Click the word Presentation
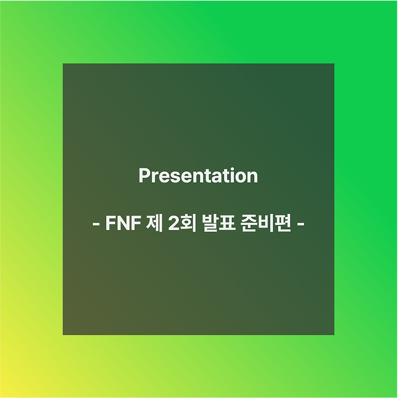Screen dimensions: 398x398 198,176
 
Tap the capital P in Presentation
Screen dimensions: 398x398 144,176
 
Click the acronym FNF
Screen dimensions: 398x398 123,223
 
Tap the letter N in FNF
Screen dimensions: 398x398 123,223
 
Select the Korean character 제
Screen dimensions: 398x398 154,223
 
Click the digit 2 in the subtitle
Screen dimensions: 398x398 174,223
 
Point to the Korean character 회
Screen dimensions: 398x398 188,223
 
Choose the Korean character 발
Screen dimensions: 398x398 211,223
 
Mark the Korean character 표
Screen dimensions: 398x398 228,223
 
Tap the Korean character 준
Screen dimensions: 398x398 250,223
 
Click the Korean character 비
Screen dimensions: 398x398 267,223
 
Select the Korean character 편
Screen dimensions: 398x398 283,223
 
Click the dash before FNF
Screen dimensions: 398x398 96,224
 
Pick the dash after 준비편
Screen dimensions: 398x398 300,224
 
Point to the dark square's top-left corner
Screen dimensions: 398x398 63,64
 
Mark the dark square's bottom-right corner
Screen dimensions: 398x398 334,335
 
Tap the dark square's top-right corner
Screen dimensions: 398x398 334,64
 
